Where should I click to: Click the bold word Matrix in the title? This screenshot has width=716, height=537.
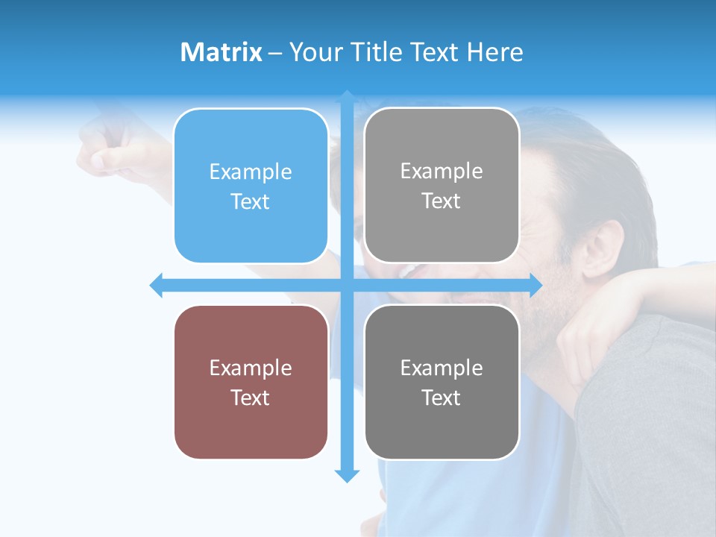(x=222, y=52)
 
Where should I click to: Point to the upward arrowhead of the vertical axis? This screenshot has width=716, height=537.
(x=347, y=97)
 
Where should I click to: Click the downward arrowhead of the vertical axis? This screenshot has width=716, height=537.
(x=347, y=476)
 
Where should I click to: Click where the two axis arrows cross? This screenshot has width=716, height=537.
(x=347, y=285)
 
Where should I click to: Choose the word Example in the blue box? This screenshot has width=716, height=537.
(x=251, y=172)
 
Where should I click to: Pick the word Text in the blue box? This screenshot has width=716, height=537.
(x=251, y=202)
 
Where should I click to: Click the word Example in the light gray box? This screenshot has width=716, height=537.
(x=442, y=172)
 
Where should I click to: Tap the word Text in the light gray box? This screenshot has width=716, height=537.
(x=442, y=201)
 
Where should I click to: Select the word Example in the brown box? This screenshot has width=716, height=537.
(x=251, y=368)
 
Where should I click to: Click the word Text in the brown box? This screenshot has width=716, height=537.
(x=251, y=398)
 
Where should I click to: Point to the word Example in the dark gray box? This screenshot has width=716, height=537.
(x=442, y=368)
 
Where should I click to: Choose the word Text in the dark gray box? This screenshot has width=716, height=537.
(x=442, y=398)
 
